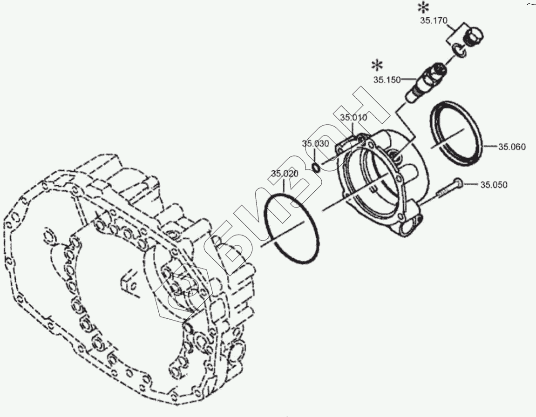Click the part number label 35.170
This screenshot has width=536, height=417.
pyautogui.click(x=434, y=20)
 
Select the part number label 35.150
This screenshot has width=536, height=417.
pyautogui.click(x=387, y=80)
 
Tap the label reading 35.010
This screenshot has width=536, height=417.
pyautogui.click(x=353, y=117)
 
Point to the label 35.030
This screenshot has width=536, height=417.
pyautogui.click(x=315, y=143)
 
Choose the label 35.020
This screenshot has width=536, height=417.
pyautogui.click(x=285, y=174)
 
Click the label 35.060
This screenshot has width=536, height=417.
pyautogui.click(x=512, y=147)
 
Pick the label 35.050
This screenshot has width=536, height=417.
pyautogui.click(x=494, y=185)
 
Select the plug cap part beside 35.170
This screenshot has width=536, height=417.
pyautogui.click(x=474, y=38)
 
